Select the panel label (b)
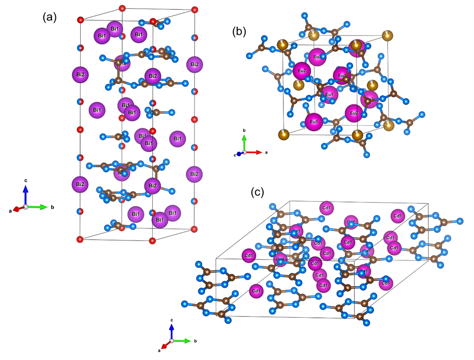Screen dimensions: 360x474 pos(239,32)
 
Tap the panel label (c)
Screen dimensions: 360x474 pos(257,192)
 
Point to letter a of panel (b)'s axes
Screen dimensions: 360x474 pos(266,152)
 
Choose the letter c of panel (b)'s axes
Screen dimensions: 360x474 pos(234,155)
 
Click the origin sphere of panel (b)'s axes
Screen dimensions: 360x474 pos(245,152)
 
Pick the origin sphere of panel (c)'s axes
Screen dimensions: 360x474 pos(171,341)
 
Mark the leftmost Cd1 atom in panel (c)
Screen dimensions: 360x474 pos(248,255)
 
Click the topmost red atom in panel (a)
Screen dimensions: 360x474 pos(122,8)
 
